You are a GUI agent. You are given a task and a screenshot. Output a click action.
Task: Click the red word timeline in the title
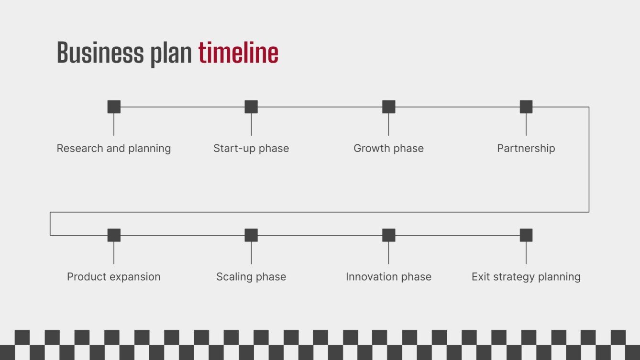pyautogui.click(x=238, y=53)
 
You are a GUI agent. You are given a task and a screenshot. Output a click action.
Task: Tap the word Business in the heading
pyautogui.click(x=100, y=53)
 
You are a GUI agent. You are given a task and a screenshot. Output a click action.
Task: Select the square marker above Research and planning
pyautogui.click(x=114, y=107)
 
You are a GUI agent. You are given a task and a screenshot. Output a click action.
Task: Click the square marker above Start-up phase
pyautogui.click(x=251, y=107)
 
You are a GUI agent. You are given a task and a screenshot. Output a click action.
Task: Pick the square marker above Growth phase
pyautogui.click(x=388, y=107)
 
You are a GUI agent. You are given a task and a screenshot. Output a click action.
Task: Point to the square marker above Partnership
pyautogui.click(x=526, y=107)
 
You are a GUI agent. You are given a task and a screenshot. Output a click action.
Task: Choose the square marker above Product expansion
pyautogui.click(x=114, y=235)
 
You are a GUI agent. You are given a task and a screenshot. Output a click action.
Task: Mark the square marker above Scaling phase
pyautogui.click(x=251, y=235)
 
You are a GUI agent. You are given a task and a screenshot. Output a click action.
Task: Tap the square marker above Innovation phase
pyautogui.click(x=388, y=235)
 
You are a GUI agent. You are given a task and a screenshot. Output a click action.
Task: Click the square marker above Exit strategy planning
pyautogui.click(x=526, y=235)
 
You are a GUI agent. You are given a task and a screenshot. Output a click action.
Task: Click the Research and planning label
pyautogui.click(x=114, y=148)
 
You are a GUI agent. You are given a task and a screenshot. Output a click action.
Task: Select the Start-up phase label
pyautogui.click(x=251, y=148)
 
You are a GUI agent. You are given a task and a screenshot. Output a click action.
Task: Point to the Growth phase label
pyautogui.click(x=388, y=148)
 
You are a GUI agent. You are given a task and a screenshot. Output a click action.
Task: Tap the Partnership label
pyautogui.click(x=526, y=148)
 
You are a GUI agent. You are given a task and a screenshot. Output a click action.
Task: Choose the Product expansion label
pyautogui.click(x=114, y=277)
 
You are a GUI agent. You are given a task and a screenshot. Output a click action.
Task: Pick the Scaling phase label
pyautogui.click(x=251, y=277)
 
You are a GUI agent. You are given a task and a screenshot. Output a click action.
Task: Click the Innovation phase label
pyautogui.click(x=388, y=277)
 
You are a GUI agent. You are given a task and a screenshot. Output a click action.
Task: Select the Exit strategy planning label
pyautogui.click(x=526, y=277)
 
